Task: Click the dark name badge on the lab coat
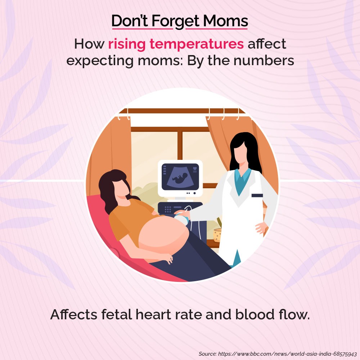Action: (257, 195)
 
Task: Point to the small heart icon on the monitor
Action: (195, 168)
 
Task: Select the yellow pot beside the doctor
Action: (217, 235)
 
